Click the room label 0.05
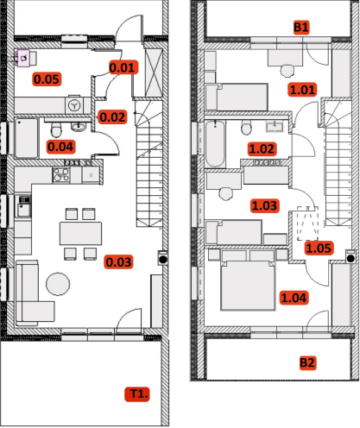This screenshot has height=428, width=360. coord(47,79)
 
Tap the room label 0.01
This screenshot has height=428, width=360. coord(122,67)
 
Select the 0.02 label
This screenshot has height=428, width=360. coord(112,117)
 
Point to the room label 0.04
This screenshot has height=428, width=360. coord(60,147)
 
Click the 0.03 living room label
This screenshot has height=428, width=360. coord(118,262)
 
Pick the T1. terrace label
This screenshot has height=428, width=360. coord(137,394)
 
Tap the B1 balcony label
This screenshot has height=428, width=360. coord(301,28)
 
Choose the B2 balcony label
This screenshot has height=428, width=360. coord(307,363)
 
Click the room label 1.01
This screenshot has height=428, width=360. coord(302,90)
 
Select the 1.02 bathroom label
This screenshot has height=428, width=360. coord(262,149)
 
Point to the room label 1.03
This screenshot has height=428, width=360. coord(264,205)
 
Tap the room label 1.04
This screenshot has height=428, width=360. coord(294,298)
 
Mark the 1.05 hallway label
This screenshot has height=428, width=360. coord(319,249)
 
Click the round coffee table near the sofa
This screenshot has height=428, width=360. coord(58,284)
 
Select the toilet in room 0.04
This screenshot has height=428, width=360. coord(56,129)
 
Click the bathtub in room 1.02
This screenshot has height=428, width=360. coord(215,144)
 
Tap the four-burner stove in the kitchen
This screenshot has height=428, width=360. coord(61,175)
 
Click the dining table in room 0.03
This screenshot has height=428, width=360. coord(80,233)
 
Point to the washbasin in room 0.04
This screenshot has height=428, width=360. coord(78,127)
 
